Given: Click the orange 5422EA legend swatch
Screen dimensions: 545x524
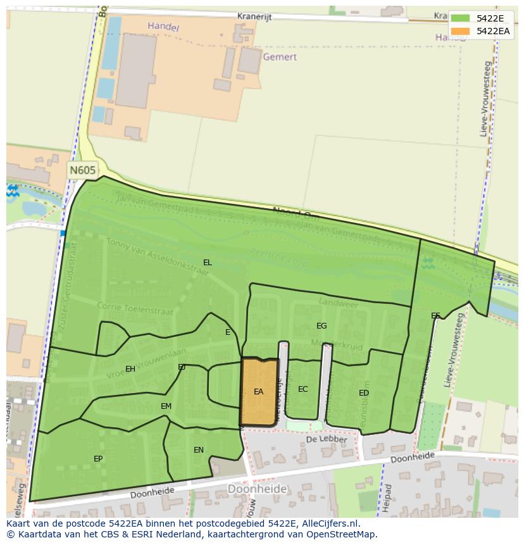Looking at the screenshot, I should (460, 31).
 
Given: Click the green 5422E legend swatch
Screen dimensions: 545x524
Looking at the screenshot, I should (460, 18).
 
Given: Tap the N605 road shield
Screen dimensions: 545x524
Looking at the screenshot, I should (82, 170).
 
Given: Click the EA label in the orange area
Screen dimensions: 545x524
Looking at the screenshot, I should (258, 392).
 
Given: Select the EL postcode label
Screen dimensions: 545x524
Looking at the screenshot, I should (207, 262).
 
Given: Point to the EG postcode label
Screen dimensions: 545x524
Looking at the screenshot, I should (321, 325).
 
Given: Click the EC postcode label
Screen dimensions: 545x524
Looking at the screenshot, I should (303, 389).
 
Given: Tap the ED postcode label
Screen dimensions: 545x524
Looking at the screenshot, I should (363, 392).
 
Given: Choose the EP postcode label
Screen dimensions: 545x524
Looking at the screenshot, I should (98, 458).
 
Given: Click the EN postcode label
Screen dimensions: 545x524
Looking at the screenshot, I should (199, 450).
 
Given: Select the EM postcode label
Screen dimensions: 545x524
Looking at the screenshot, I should (166, 406).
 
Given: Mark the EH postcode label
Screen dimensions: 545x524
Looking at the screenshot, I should (130, 368).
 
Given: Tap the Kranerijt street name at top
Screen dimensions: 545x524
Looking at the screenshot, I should (254, 17).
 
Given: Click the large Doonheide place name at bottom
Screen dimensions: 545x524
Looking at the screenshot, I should (257, 489).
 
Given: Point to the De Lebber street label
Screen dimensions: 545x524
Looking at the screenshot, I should (327, 439).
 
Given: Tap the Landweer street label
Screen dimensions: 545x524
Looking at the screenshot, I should (339, 304).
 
